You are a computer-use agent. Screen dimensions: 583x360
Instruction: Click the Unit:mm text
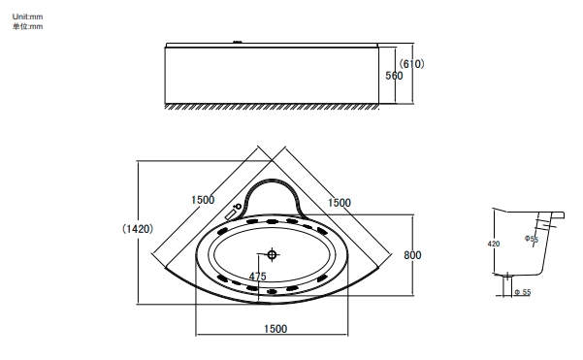27,16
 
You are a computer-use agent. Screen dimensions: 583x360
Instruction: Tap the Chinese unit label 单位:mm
27,26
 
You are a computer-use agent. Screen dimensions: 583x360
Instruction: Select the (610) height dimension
411,64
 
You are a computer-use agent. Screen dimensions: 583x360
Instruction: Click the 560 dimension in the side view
394,76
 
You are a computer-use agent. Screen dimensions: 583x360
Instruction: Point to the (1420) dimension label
138,229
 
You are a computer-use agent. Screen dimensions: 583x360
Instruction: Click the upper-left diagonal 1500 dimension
203,200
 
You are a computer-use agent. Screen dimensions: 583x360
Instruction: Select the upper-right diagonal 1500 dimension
340,203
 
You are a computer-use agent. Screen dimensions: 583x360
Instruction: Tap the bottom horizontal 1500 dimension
275,329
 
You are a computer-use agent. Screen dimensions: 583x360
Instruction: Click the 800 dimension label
412,255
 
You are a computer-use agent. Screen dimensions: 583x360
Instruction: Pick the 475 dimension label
258,277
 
